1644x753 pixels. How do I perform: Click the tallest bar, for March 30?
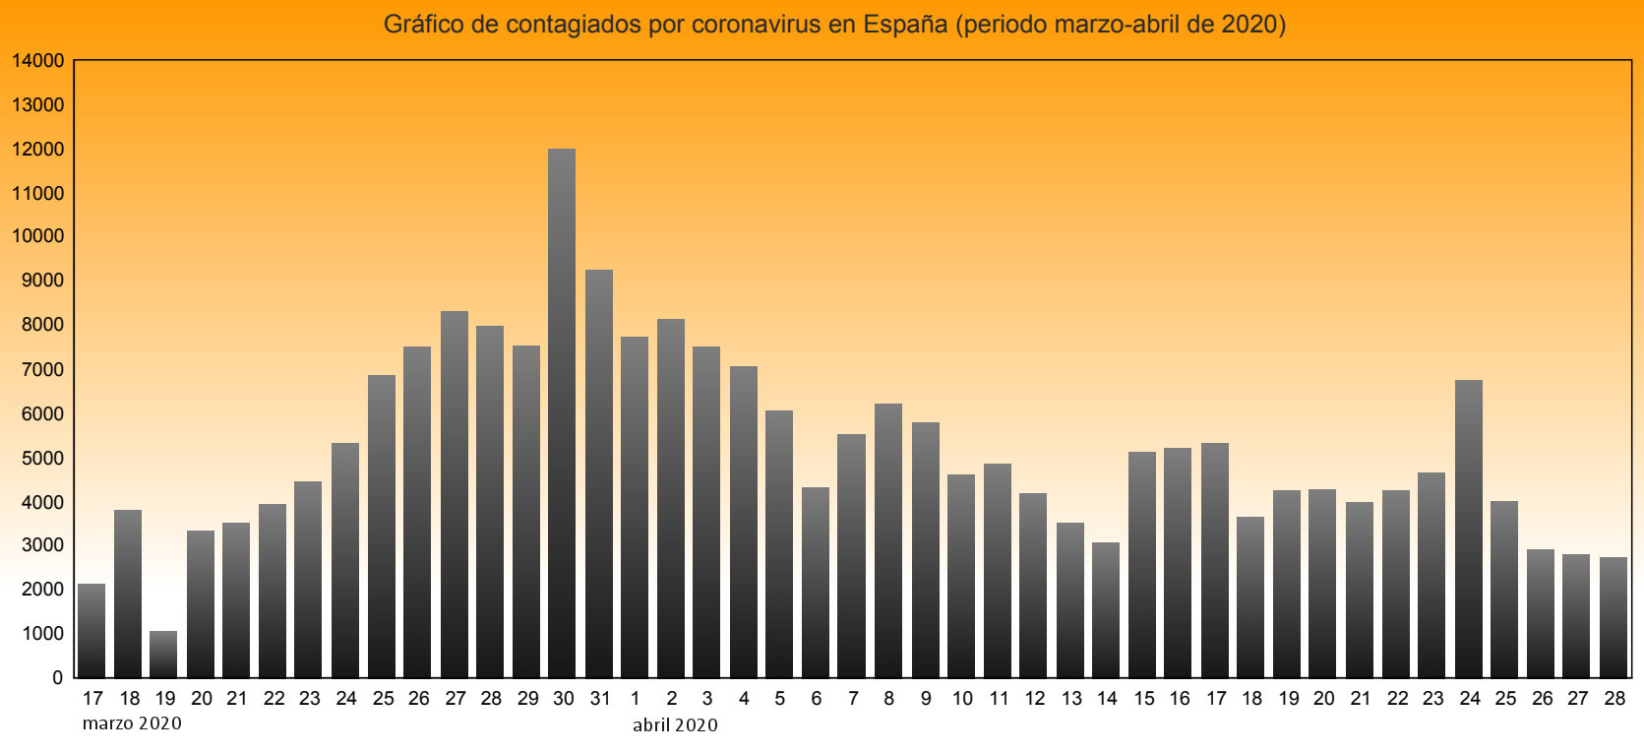pyautogui.click(x=562, y=413)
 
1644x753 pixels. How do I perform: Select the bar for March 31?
pyautogui.click(x=599, y=472)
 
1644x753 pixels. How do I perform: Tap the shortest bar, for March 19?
pyautogui.click(x=163, y=655)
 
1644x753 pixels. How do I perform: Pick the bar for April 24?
pyautogui.click(x=1469, y=529)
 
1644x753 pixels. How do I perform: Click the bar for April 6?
pyautogui.click(x=816, y=582)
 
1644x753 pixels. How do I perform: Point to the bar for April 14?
pyautogui.click(x=1106, y=609)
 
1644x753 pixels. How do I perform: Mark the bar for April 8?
pyautogui.click(x=888, y=540)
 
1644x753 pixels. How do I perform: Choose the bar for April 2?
pyautogui.click(x=671, y=498)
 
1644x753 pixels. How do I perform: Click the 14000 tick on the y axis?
pyautogui.click(x=38, y=61)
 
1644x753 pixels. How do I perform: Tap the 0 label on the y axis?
pyautogui.click(x=57, y=678)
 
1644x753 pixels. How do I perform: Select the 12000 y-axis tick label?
pyautogui.click(x=38, y=150)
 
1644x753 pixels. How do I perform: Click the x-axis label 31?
pyautogui.click(x=600, y=699)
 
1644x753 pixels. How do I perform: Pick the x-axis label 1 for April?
pyautogui.click(x=636, y=699)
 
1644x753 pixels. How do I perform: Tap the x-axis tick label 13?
pyautogui.click(x=1071, y=699)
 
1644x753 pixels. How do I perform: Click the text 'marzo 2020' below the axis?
pyautogui.click(x=132, y=724)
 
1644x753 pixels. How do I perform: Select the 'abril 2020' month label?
pyautogui.click(x=675, y=725)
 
